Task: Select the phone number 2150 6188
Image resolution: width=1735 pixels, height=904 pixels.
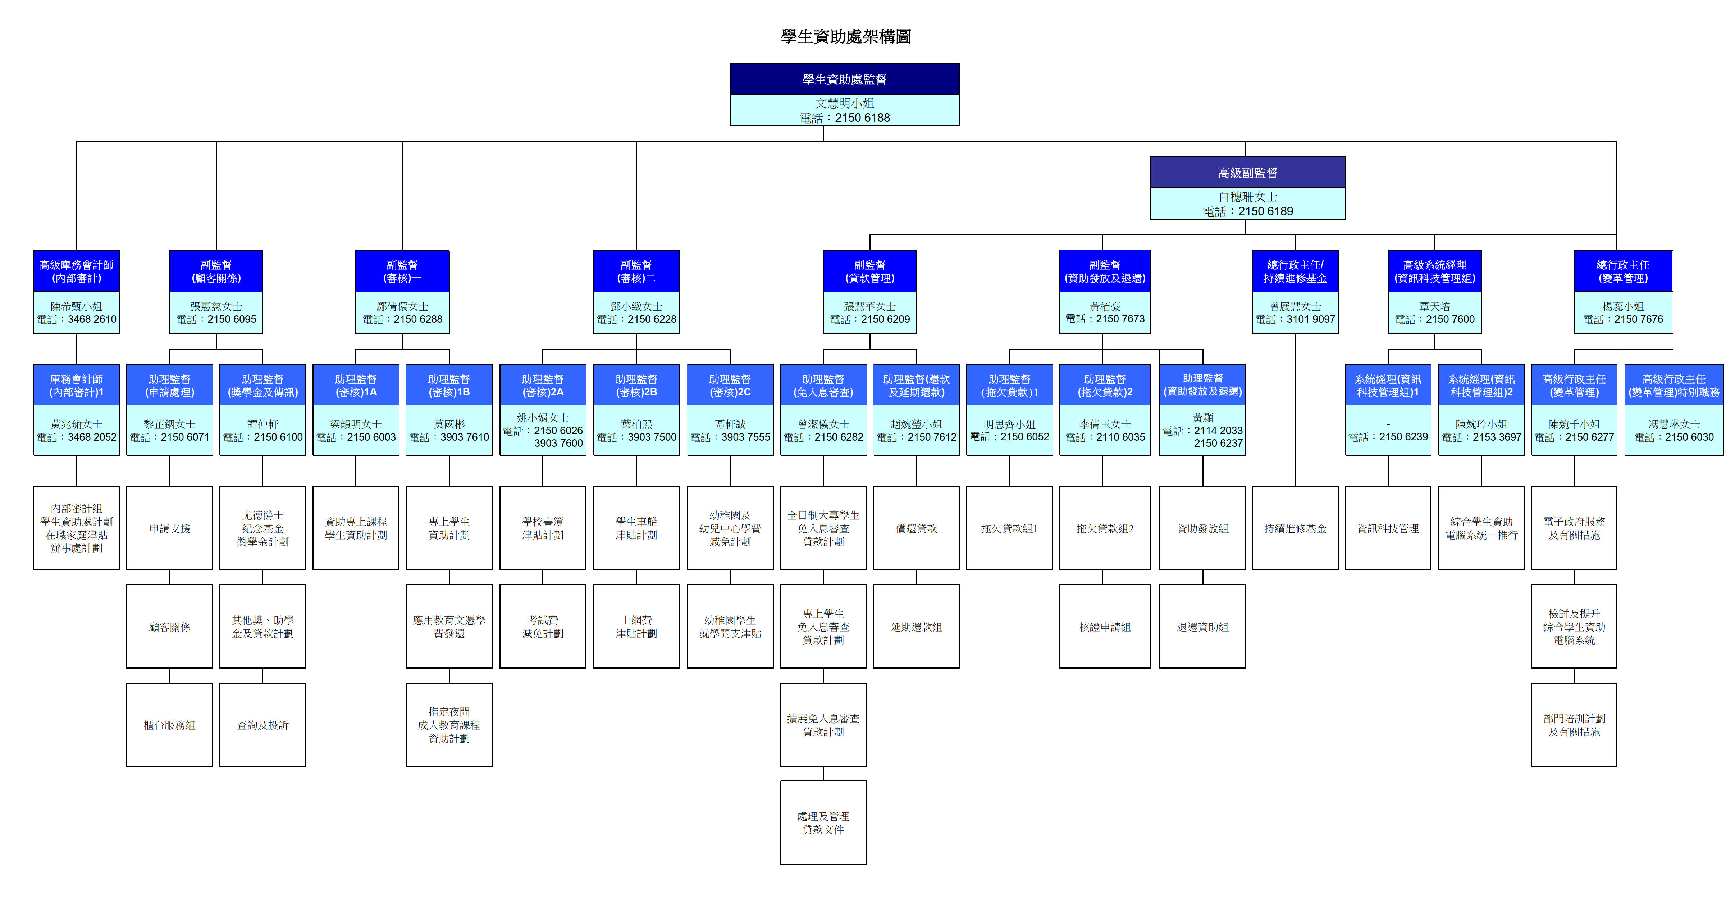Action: tap(862, 118)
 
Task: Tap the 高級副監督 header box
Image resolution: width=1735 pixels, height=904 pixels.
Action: tap(1247, 173)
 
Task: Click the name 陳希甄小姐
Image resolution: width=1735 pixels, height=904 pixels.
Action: tap(76, 306)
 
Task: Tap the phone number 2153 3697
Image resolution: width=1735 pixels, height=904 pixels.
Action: tap(1497, 437)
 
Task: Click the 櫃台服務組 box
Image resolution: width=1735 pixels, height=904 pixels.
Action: tap(170, 725)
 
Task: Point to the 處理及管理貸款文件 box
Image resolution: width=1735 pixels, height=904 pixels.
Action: tap(823, 822)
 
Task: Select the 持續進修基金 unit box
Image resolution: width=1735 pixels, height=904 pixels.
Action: tap(1295, 528)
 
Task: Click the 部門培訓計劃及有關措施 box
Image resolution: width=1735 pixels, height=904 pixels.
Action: tap(1574, 725)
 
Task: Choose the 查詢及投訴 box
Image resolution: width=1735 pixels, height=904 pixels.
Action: tap(262, 725)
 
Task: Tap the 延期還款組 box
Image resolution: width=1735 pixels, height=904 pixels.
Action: tap(916, 627)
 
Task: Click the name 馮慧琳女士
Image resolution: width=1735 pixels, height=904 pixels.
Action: tap(1674, 424)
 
